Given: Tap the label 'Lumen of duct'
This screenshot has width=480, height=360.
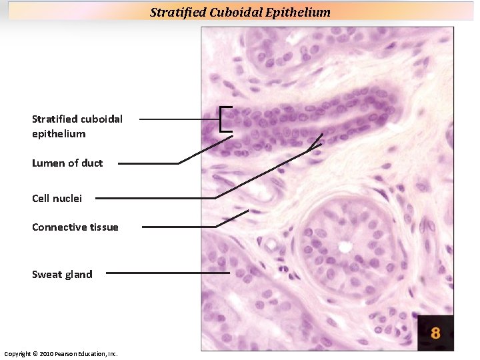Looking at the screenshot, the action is (x=67, y=163).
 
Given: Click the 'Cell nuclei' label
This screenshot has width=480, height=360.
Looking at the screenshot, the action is (x=57, y=198).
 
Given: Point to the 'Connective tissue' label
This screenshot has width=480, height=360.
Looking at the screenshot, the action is (x=75, y=227).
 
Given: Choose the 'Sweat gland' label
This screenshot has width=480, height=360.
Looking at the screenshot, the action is (x=62, y=274).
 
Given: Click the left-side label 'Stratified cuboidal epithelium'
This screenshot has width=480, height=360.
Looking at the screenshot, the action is (x=77, y=126).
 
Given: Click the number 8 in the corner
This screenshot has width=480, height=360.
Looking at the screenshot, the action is (x=435, y=332).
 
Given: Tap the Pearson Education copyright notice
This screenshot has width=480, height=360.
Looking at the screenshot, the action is (x=61, y=353).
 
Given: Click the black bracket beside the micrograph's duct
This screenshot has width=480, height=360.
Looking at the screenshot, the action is (x=222, y=119).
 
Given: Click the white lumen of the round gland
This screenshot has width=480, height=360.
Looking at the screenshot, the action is (x=345, y=247).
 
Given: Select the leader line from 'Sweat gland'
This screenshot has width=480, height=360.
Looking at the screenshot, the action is (x=167, y=273).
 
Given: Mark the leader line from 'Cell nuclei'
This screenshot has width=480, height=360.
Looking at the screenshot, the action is (x=153, y=198).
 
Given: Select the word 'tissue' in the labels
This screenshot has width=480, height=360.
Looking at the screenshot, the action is (x=103, y=227).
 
